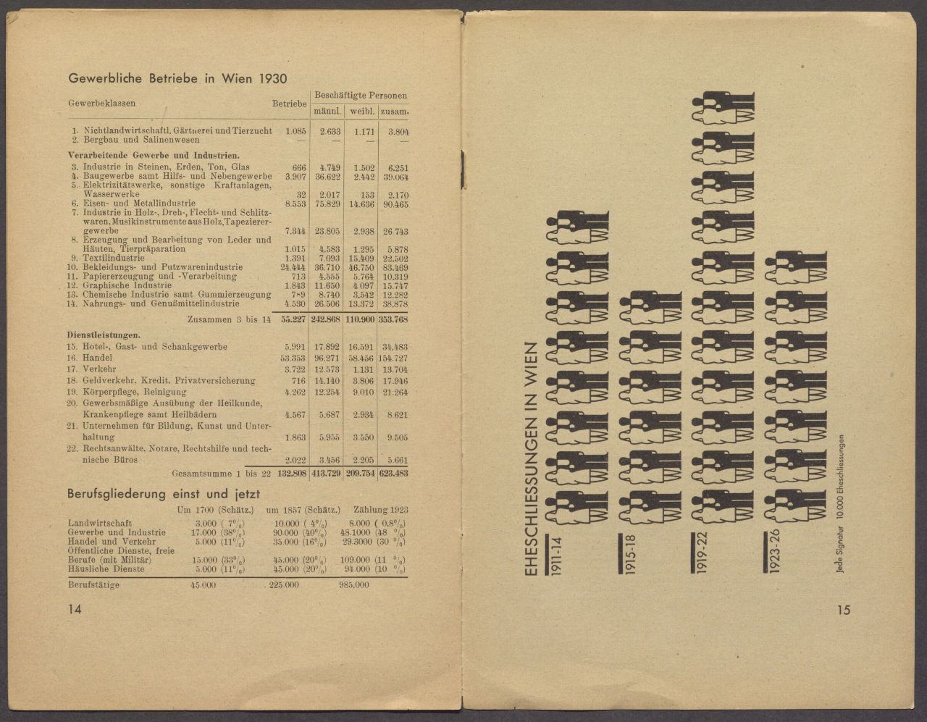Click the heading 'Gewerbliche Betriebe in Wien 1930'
pos(177,78)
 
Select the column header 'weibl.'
pos(361,112)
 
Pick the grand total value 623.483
pos(393,473)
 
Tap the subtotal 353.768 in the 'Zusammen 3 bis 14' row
pos(393,319)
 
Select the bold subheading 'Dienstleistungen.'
pos(104,335)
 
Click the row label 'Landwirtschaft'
pos(99,523)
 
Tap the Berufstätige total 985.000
pos(353,585)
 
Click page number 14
pos(75,610)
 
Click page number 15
pos(843,610)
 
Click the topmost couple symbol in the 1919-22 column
pos(723,106)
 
